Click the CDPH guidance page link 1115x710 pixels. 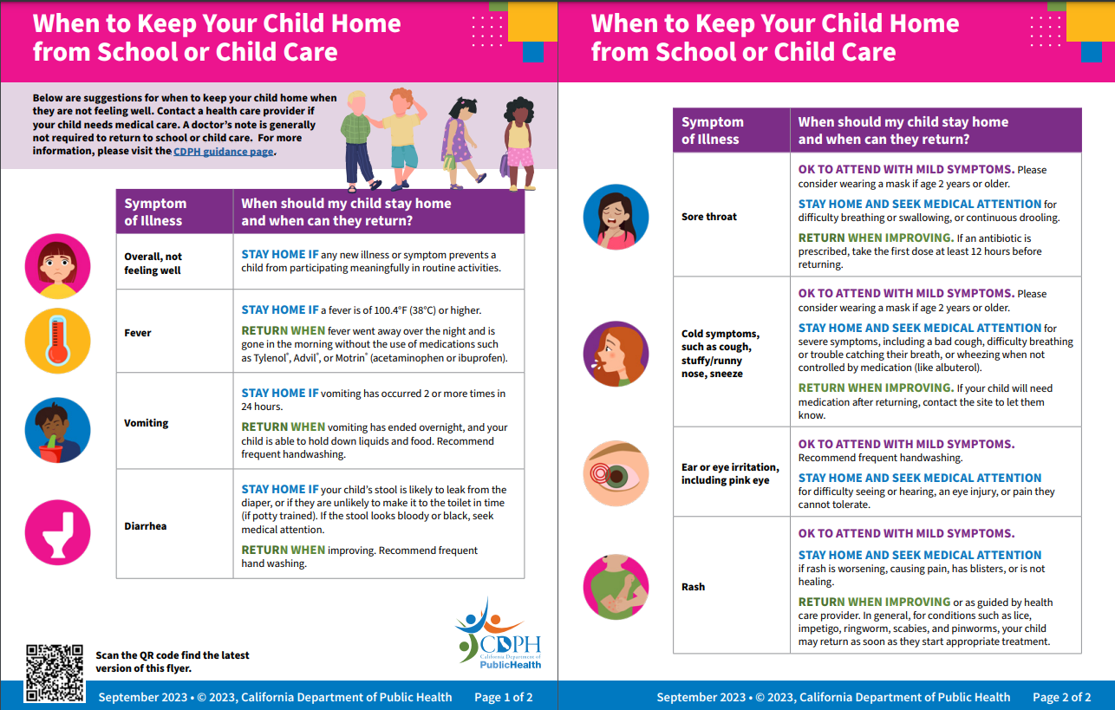[224, 151]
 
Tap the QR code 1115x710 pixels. [55, 674]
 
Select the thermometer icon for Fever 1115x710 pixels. [58, 341]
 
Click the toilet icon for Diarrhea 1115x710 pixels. [58, 532]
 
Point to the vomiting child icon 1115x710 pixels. [58, 430]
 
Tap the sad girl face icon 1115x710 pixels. [58, 266]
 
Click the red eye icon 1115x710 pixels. [616, 473]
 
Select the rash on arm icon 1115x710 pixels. [616, 587]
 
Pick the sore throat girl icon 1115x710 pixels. [616, 217]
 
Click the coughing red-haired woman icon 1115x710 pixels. [616, 354]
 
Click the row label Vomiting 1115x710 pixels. [147, 423]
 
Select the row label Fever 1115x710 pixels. [138, 333]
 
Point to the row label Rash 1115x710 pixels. [694, 587]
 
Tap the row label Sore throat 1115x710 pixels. [709, 217]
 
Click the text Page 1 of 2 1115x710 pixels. [503, 697]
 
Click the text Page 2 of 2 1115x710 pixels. [1062, 697]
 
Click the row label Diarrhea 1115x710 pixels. [146, 526]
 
